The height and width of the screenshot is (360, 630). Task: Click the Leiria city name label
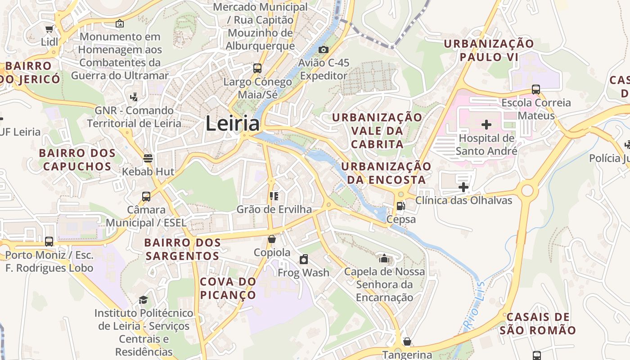tap(233, 124)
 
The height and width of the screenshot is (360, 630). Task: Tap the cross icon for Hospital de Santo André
tap(486, 125)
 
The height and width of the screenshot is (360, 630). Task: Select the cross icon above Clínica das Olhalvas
tap(463, 187)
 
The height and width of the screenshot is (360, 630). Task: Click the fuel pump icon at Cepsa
tap(400, 206)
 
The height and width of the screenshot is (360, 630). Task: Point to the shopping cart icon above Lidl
tap(49, 29)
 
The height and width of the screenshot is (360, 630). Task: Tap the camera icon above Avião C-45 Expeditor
tap(323, 49)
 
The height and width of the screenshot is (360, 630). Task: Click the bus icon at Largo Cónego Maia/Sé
tap(257, 68)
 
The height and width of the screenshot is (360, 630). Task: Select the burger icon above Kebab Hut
tap(148, 158)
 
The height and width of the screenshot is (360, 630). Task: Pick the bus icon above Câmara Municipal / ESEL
tap(146, 197)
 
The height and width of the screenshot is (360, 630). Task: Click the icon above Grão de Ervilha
tap(274, 196)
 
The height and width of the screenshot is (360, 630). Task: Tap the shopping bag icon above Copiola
tap(272, 239)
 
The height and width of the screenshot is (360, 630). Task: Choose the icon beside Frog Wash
tap(304, 259)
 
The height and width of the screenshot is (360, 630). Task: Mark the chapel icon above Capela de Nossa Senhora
tap(384, 258)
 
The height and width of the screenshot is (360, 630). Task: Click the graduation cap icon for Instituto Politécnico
tap(143, 300)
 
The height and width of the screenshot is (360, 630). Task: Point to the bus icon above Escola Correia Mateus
tap(535, 89)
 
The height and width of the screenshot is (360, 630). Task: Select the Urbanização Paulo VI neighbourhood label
tap(489, 50)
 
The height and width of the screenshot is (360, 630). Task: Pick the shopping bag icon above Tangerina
tap(407, 342)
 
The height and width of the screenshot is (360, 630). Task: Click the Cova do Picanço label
tap(228, 288)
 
